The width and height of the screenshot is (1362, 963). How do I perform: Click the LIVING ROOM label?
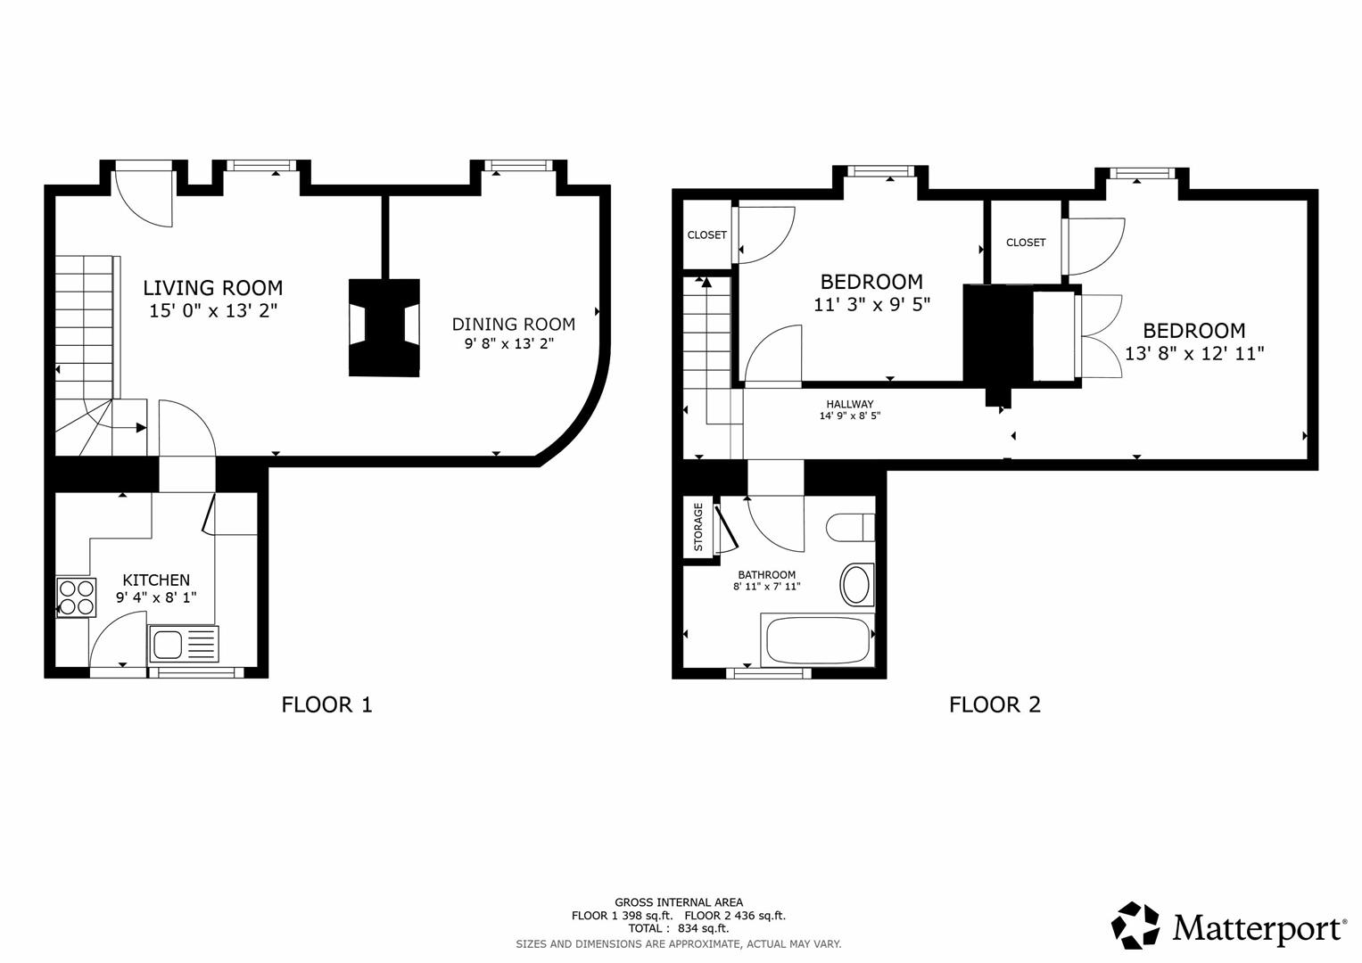click(x=212, y=288)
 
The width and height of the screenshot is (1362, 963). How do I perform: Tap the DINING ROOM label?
click(x=513, y=325)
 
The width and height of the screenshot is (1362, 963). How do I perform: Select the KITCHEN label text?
click(x=156, y=580)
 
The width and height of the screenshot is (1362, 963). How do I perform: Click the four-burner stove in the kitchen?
click(x=76, y=597)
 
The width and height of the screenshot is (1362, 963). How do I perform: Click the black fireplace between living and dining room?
click(x=384, y=326)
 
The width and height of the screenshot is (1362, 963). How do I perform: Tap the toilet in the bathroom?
click(x=849, y=527)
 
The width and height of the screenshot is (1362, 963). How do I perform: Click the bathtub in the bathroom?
click(x=816, y=640)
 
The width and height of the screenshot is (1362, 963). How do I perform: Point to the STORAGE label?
click(x=698, y=527)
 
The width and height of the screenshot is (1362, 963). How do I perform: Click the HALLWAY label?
click(x=849, y=404)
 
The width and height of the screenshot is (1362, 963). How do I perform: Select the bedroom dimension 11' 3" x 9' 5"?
click(x=871, y=305)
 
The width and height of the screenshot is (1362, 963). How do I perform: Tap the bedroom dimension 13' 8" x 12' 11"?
click(x=1193, y=354)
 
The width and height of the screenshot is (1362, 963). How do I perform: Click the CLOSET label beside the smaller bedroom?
click(x=706, y=235)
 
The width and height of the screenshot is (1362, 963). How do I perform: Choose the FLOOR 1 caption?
click(x=326, y=704)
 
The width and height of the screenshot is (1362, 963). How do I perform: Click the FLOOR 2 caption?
click(x=995, y=704)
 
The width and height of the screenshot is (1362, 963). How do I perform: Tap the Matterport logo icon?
click(x=1135, y=926)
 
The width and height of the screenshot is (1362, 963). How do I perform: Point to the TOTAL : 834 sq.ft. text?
click(x=678, y=928)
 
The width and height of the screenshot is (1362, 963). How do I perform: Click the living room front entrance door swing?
click(x=143, y=196)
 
